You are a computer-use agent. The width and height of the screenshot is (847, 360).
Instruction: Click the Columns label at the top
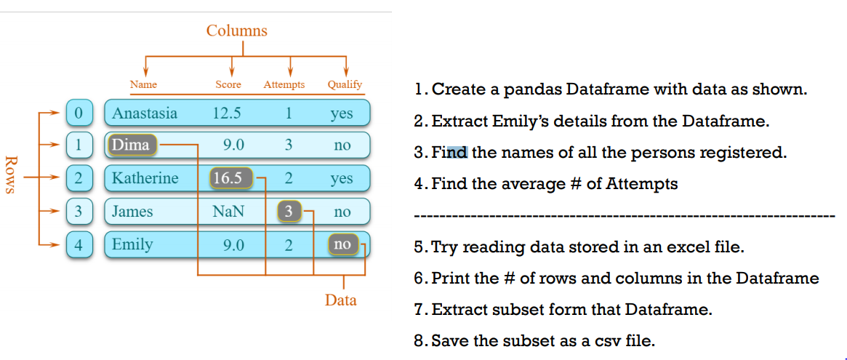coord(236,31)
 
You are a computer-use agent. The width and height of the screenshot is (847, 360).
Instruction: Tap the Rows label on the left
coord(11,175)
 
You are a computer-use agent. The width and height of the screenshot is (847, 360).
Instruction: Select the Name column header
coord(143,84)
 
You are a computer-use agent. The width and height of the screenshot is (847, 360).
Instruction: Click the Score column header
coord(228,84)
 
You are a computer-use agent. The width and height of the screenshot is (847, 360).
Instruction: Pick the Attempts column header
coord(284,84)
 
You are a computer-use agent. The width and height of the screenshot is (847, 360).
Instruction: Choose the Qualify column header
coord(345,84)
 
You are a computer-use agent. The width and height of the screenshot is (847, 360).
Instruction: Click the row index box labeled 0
coord(79,113)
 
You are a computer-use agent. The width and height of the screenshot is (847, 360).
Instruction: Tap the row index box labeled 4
coord(79,244)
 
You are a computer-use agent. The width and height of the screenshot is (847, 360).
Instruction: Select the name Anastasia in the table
coord(145,113)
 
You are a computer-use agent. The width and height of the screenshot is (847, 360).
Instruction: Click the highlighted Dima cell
coord(131,145)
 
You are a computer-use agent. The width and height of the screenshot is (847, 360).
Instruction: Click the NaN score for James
coord(228,212)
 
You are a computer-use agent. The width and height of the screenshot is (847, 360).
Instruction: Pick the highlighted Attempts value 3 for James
coord(289,212)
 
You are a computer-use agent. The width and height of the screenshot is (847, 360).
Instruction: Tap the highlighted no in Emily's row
coord(342,244)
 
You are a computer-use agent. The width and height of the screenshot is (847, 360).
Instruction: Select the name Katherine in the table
coord(145,178)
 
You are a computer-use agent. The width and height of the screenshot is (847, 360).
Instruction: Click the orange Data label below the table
coord(340,300)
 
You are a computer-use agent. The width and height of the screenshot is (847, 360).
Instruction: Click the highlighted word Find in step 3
coord(449,153)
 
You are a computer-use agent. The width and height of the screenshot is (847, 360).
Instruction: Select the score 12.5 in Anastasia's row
coord(227,113)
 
